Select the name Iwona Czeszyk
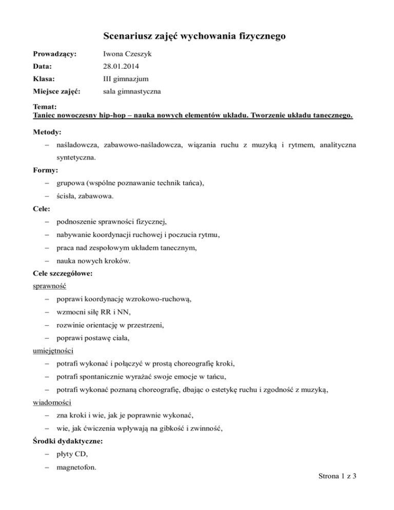pos(123,54)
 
